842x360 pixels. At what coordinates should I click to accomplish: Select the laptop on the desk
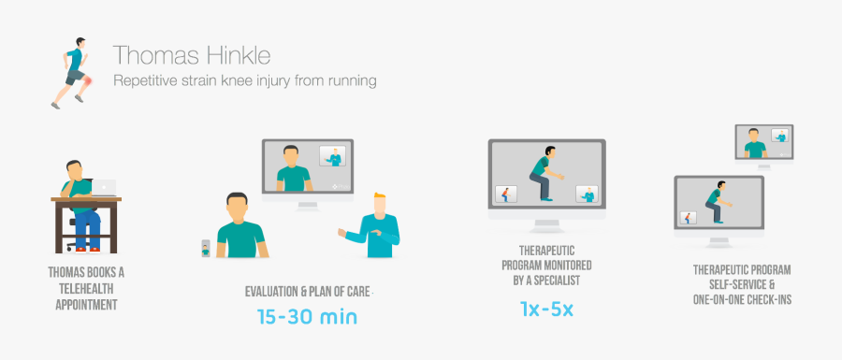coord(102,188)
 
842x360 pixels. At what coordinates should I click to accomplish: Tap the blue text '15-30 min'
coord(307,316)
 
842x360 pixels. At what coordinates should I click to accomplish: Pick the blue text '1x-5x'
coord(547,308)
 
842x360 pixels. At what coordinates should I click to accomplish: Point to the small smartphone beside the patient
coord(206,248)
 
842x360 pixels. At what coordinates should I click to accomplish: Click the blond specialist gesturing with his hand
coord(374,225)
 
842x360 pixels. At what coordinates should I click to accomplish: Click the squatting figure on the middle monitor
coord(543,178)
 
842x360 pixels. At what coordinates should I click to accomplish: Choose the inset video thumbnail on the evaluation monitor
coord(331,156)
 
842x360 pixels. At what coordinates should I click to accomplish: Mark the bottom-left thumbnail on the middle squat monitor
coord(506,194)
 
